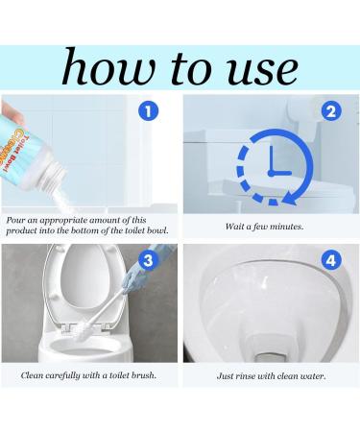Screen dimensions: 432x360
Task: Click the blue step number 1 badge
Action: point(147,111)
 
